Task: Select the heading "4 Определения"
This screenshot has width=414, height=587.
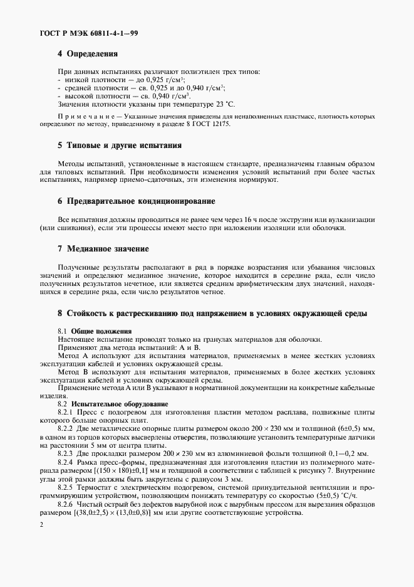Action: (87, 55)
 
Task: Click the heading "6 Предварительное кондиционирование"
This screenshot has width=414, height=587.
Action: (136, 201)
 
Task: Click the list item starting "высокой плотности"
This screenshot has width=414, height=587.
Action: (125, 96)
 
